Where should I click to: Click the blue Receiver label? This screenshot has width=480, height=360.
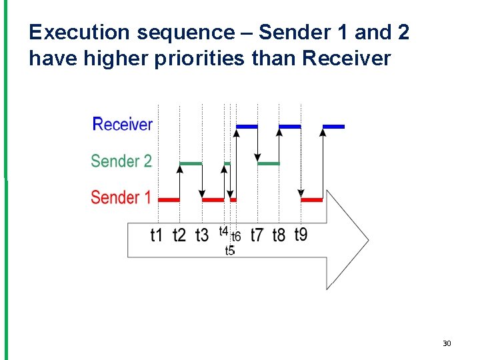[x=123, y=125]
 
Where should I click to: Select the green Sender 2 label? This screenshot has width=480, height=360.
[x=121, y=161]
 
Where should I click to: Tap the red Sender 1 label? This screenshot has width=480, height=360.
[x=121, y=197]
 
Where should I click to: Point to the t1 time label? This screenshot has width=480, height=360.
[x=157, y=235]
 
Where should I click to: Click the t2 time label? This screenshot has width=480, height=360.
[x=179, y=235]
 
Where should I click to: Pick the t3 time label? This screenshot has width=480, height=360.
[x=202, y=235]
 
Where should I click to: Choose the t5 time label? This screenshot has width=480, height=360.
[x=230, y=251]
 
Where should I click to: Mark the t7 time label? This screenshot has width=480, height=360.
[x=257, y=235]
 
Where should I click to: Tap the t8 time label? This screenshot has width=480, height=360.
[x=279, y=235]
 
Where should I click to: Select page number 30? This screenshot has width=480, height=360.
[x=447, y=343]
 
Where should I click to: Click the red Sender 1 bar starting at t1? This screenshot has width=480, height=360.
[x=169, y=199]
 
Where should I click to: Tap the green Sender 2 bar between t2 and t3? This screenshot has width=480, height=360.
[x=191, y=163]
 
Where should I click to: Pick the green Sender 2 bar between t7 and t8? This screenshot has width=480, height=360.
[x=269, y=163]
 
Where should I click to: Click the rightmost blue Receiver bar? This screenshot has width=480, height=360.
[x=334, y=126]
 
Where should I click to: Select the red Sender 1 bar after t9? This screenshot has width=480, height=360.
[x=312, y=199]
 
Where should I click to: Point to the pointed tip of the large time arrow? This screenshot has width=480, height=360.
[x=367, y=239]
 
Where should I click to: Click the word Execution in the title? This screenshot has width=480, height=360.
[x=73, y=32]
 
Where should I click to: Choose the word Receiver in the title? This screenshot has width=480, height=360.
[x=346, y=59]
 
